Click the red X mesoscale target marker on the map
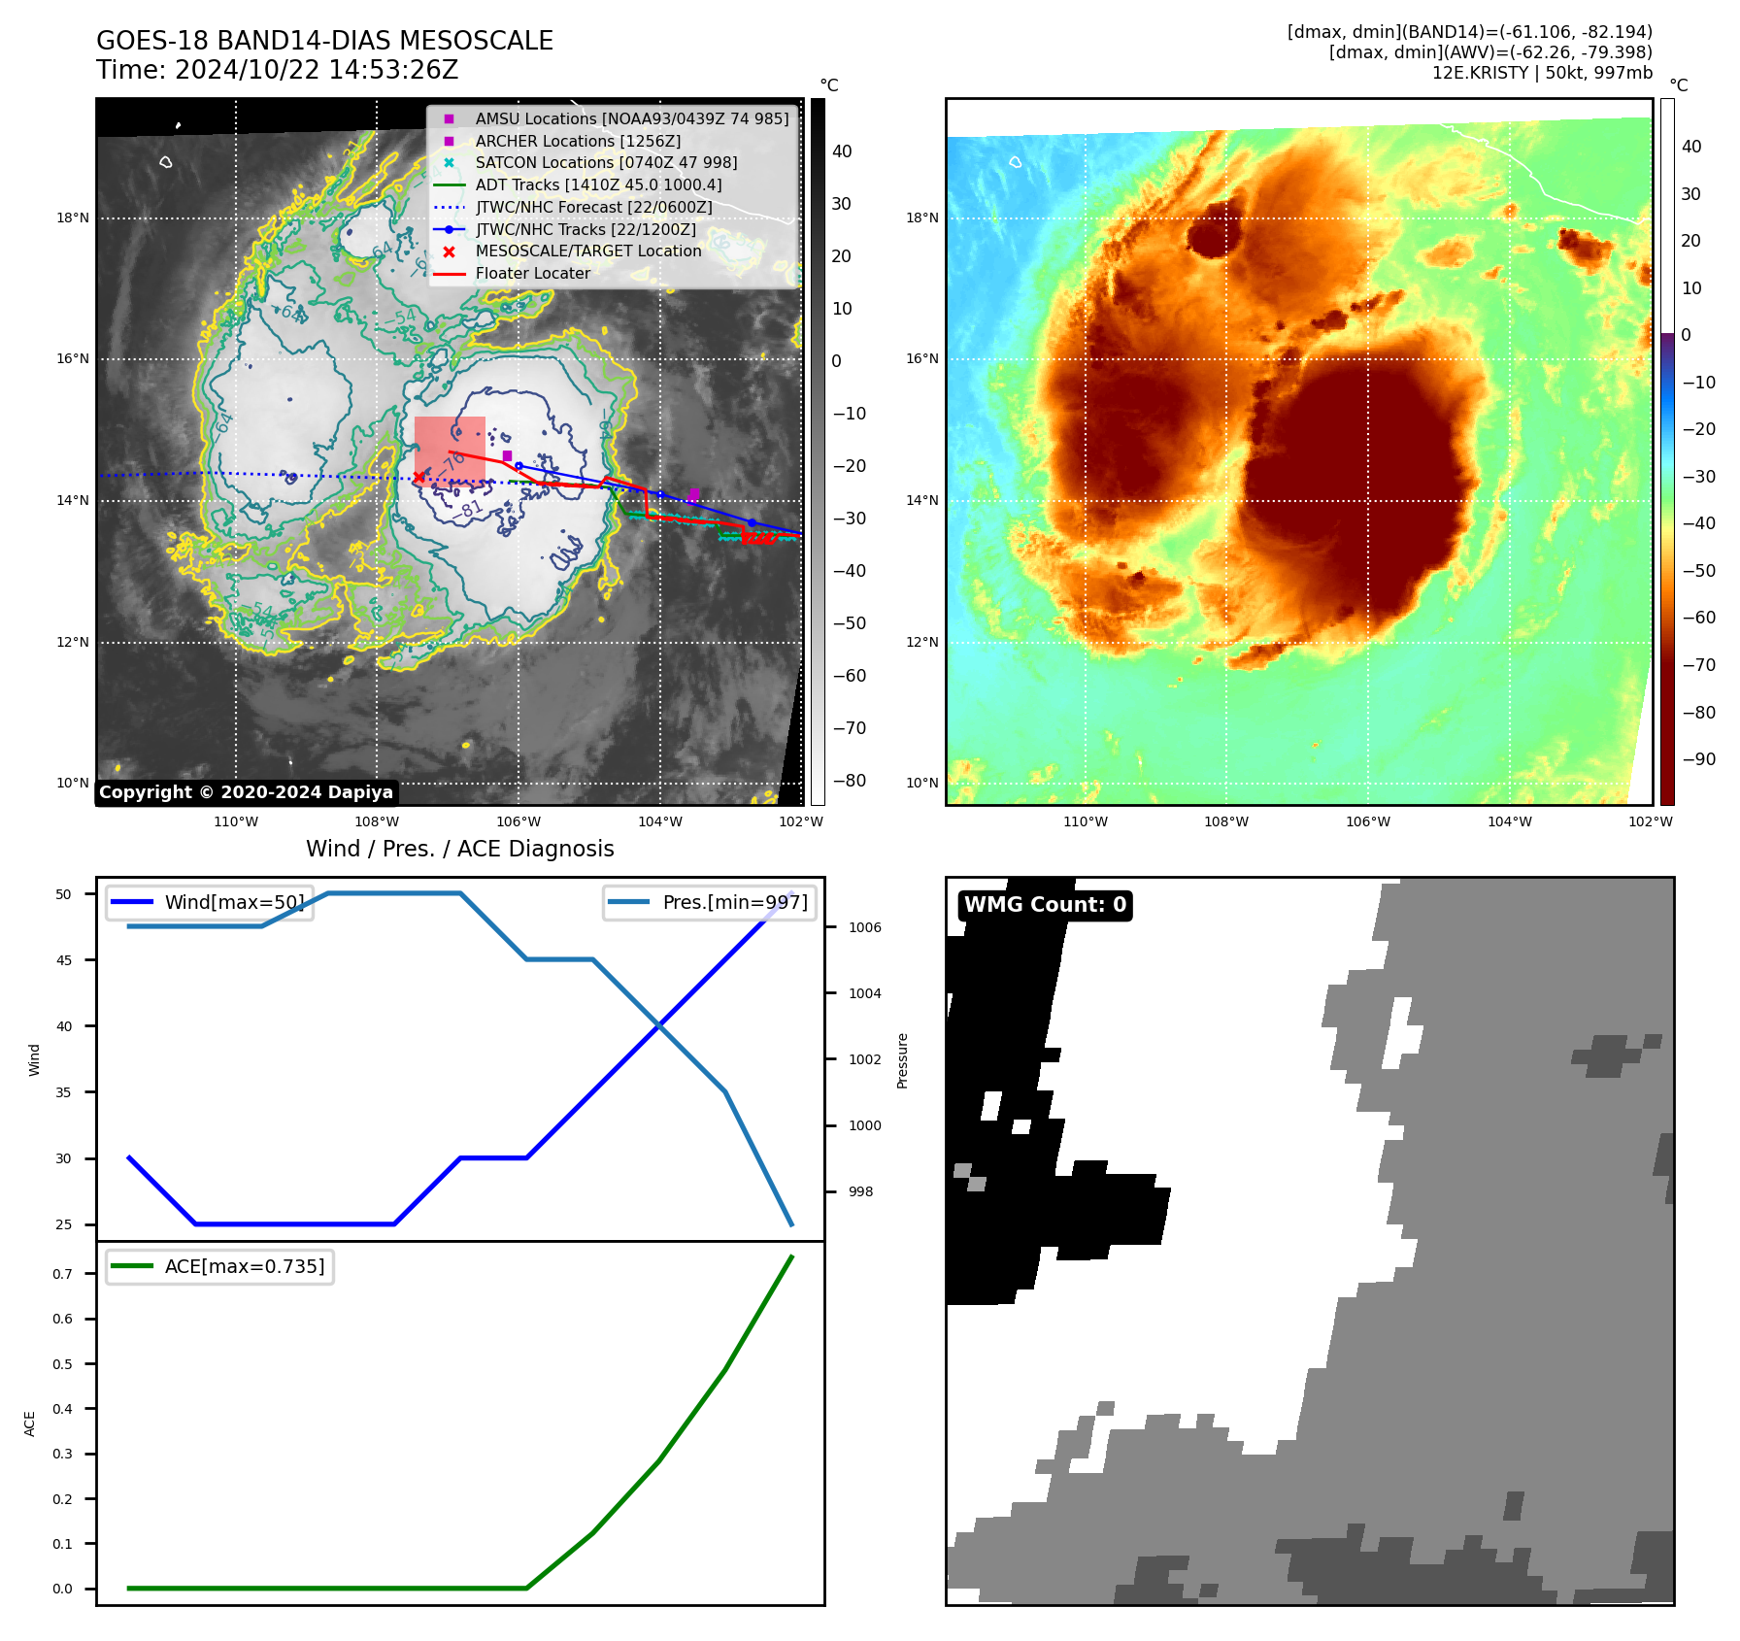pyautogui.click(x=418, y=477)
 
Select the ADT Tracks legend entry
pyautogui.click(x=598, y=184)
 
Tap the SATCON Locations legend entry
pyautogui.click(x=606, y=162)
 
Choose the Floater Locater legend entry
pyautogui.click(x=532, y=273)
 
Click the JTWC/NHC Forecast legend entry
pyautogui.click(x=593, y=207)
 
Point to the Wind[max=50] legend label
pyautogui.click(x=234, y=902)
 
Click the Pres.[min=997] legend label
pyautogui.click(x=735, y=902)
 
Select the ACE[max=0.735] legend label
pyautogui.click(x=245, y=1266)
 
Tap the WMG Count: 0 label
pyautogui.click(x=1045, y=905)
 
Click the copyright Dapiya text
pyautogui.click(x=246, y=792)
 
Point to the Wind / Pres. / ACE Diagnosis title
pyautogui.click(x=460, y=849)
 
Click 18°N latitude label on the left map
pyautogui.click(x=73, y=218)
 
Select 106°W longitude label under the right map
pyautogui.click(x=1368, y=821)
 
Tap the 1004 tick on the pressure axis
pyautogui.click(x=865, y=993)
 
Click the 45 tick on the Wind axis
pyautogui.click(x=64, y=960)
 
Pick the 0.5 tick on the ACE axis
pyautogui.click(x=62, y=1364)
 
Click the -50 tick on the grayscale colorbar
pyautogui.click(x=850, y=623)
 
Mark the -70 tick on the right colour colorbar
pyautogui.click(x=1699, y=665)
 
